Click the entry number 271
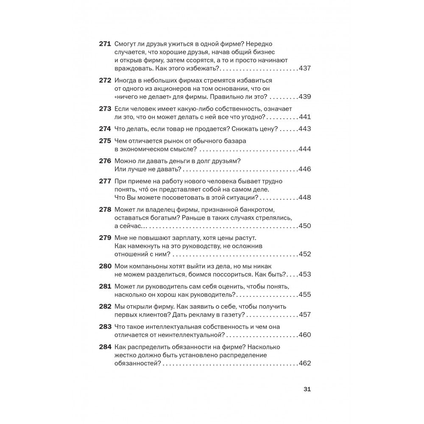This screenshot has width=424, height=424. tap(105, 44)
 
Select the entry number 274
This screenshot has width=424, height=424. tap(105, 128)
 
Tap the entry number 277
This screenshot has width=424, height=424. tap(105, 181)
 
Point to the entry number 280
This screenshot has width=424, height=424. tap(105, 266)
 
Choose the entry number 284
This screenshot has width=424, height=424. tap(105, 347)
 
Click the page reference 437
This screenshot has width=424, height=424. tap(305, 68)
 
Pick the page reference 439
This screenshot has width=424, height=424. tap(305, 97)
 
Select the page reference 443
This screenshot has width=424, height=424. tap(305, 129)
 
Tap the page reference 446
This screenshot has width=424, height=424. tap(305, 169)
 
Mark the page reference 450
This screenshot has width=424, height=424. tap(305, 226)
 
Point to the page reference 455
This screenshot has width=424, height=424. tap(305, 294)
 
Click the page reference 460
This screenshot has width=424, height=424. tap(305, 335)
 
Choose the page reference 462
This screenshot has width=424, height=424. tap(305, 363)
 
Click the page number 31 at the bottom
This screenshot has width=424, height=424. tap(307, 390)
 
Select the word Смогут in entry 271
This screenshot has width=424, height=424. tap(126, 44)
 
